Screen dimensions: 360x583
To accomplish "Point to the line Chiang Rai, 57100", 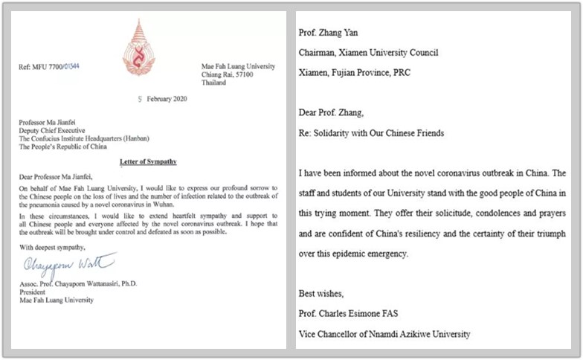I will point(228,74).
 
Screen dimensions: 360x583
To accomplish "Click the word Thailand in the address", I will point(216,83).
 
